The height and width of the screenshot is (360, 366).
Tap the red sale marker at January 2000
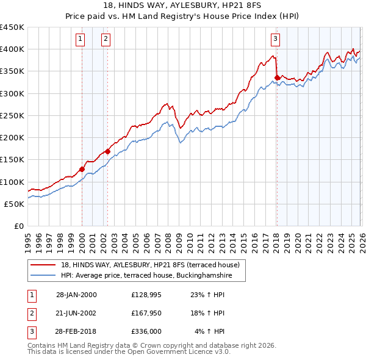[82, 169]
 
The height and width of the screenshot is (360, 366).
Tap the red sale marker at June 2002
[107, 151]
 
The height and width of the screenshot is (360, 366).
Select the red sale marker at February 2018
[277, 77]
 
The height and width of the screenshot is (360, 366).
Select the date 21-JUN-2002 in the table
[76, 313]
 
